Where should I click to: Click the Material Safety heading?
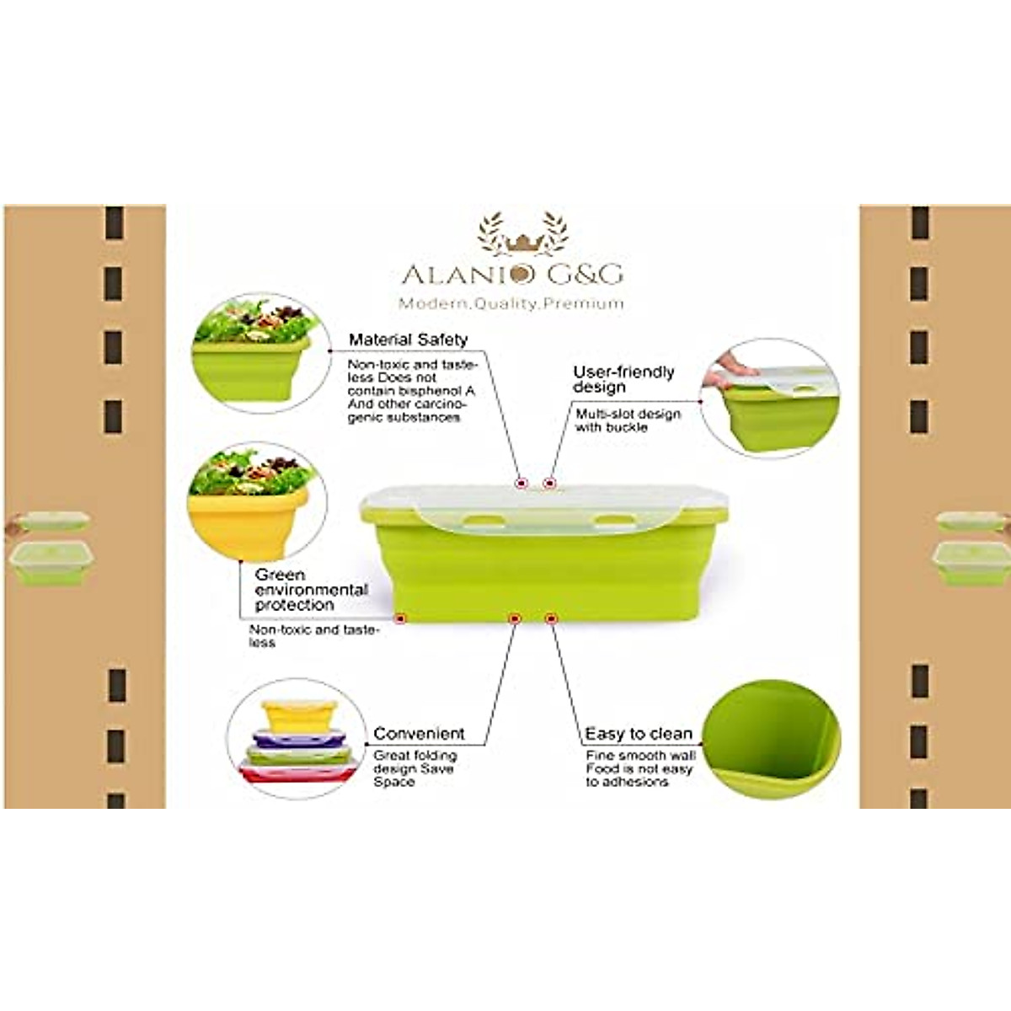(408, 340)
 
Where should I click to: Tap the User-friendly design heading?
(623, 379)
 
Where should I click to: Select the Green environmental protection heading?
(311, 590)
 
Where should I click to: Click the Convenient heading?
(419, 734)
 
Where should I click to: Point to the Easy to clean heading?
(638, 734)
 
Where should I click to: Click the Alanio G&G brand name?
(511, 274)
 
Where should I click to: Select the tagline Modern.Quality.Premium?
(511, 303)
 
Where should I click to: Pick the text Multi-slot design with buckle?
(627, 420)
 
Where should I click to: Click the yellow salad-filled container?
(249, 514)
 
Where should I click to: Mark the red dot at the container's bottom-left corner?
(400, 618)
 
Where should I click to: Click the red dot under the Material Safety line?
(521, 483)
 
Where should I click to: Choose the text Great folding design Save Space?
(415, 768)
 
